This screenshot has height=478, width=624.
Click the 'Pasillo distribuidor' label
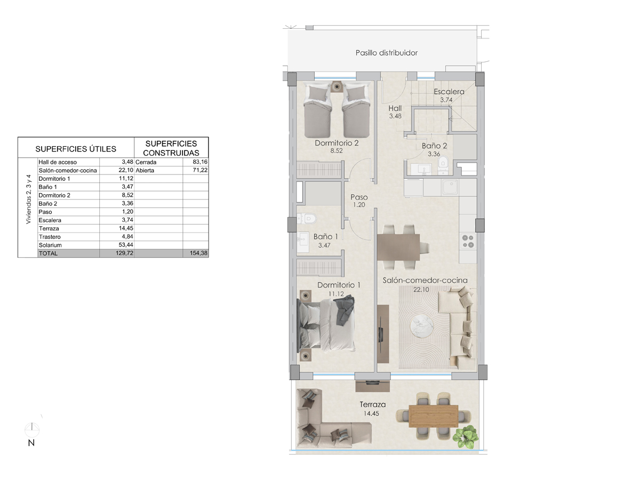click(x=387, y=52)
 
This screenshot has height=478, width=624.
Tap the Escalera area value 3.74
click(x=446, y=100)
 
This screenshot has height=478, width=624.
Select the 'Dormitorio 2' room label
click(x=337, y=143)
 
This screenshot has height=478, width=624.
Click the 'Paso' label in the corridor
click(x=359, y=197)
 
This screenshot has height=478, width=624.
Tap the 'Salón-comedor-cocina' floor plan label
click(x=425, y=280)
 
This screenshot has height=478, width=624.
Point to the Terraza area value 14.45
click(x=371, y=413)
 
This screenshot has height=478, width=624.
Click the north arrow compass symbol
click(x=32, y=430)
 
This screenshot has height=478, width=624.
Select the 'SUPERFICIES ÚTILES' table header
click(x=76, y=149)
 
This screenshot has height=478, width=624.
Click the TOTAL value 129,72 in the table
click(x=125, y=253)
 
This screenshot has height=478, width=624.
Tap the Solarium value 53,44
click(x=126, y=245)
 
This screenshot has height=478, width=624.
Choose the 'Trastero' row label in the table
click(x=50, y=237)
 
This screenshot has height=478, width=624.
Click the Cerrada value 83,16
click(x=200, y=162)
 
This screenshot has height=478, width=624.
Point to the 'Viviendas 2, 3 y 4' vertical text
click(x=28, y=199)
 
